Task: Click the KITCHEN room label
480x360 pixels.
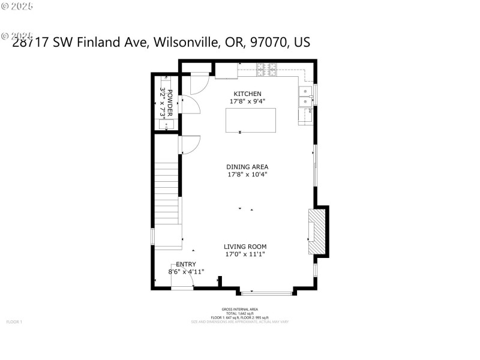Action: pyautogui.click(x=247, y=94)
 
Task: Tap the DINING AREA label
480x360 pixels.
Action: pyautogui.click(x=247, y=167)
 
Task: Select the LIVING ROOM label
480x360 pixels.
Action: pyautogui.click(x=245, y=247)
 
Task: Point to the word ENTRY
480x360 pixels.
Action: pyautogui.click(x=186, y=264)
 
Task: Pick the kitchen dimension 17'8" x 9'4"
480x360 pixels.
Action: pyautogui.click(x=247, y=101)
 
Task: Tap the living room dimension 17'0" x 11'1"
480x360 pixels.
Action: pyautogui.click(x=245, y=254)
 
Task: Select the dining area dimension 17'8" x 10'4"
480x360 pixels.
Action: pyautogui.click(x=247, y=175)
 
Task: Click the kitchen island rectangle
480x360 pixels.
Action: pyautogui.click(x=250, y=120)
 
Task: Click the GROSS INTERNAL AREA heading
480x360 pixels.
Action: pyautogui.click(x=239, y=310)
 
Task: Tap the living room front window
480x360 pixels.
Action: pyautogui.click(x=267, y=293)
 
